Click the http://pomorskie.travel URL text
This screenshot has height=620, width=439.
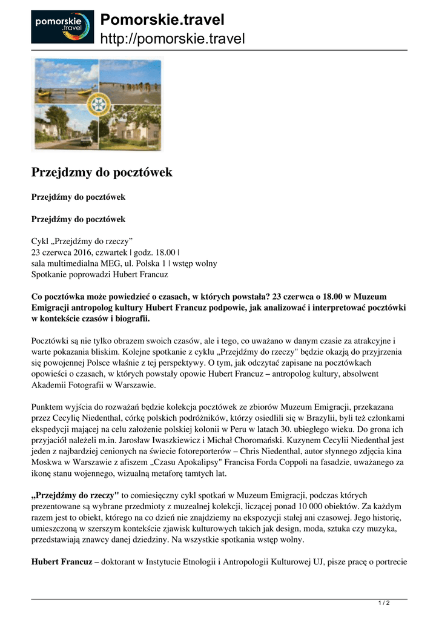[x=172, y=39]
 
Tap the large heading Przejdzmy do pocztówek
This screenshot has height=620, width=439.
[x=102, y=173]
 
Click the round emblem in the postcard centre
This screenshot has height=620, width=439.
[x=98, y=104]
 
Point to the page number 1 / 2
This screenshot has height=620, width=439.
[x=384, y=603]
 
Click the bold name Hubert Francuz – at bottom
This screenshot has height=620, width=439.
[x=65, y=561]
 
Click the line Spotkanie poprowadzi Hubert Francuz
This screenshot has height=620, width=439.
[x=99, y=274]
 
